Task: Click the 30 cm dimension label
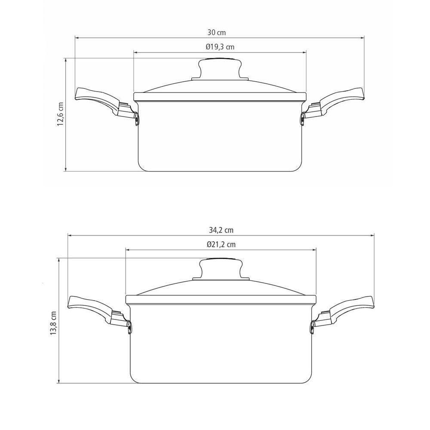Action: point(217,33)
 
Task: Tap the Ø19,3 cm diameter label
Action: point(220,47)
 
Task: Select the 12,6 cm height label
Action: point(60,114)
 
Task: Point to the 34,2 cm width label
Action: point(221,230)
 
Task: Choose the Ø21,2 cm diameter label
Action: point(221,244)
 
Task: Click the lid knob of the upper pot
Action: point(220,69)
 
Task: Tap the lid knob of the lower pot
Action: point(221,269)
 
